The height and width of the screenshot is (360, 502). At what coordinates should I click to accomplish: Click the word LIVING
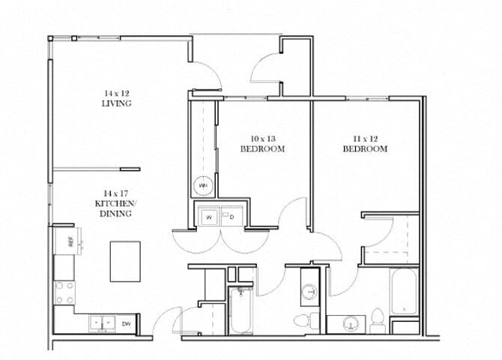(116, 103)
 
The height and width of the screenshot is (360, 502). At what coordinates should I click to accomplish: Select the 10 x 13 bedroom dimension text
(262, 138)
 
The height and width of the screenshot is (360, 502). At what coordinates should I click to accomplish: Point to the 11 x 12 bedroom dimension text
(365, 138)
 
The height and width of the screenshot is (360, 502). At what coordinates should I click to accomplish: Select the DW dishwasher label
(127, 323)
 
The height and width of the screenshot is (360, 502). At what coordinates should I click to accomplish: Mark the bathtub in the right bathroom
(403, 295)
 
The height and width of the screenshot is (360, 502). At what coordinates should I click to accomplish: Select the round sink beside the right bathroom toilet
(350, 324)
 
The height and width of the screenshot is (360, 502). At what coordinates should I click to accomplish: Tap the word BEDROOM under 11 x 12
(365, 148)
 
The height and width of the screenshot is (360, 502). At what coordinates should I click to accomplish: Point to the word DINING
(116, 214)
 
